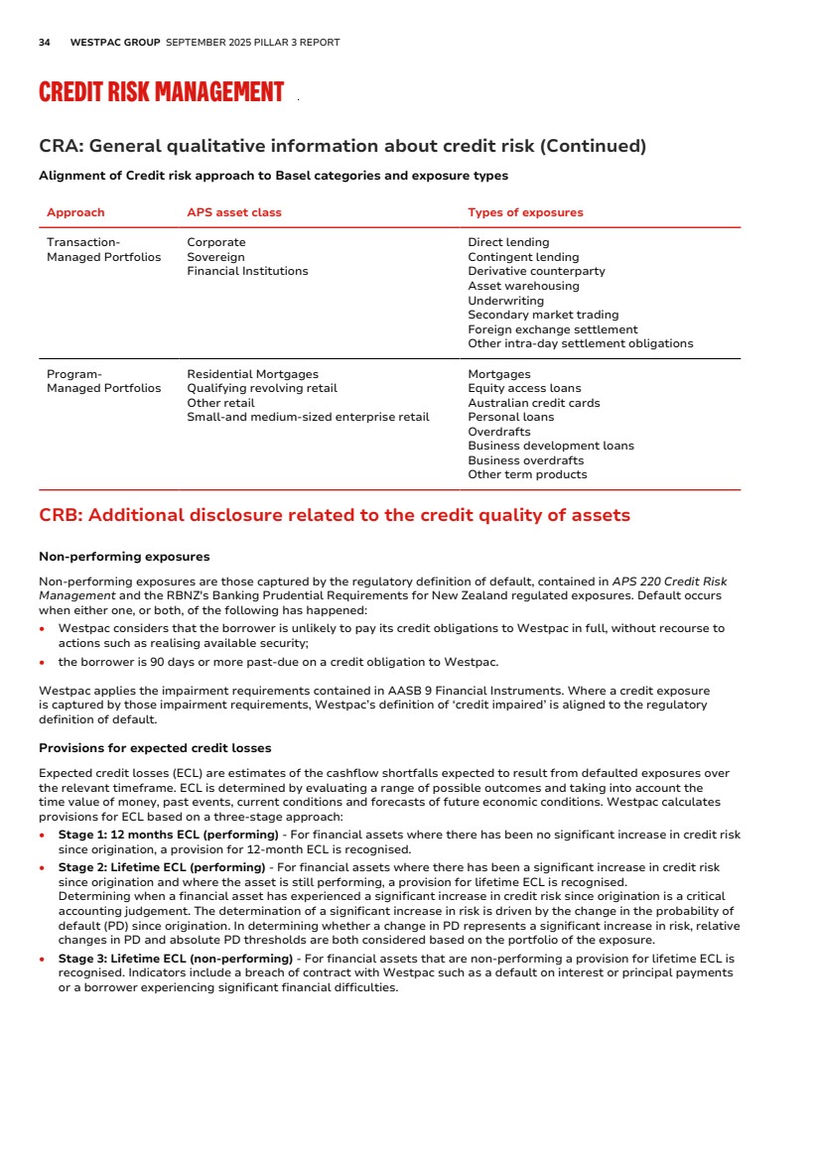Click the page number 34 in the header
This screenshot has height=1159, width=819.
point(45,43)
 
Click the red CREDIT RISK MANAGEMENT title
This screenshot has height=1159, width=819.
point(161,92)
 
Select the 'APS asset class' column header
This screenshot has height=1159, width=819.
point(234,212)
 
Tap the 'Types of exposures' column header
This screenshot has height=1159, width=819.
point(525,212)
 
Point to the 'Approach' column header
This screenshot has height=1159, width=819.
point(75,212)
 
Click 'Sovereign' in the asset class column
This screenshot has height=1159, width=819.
point(215,257)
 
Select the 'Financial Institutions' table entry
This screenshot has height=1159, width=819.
point(247,271)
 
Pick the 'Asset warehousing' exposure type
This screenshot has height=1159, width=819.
point(523,286)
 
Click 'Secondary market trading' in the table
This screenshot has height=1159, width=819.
point(542,315)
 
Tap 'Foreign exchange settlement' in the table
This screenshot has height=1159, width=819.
point(552,329)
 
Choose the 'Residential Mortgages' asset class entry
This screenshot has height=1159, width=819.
point(252,374)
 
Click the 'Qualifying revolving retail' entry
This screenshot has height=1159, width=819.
point(262,388)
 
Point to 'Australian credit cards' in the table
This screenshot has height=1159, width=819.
point(533,403)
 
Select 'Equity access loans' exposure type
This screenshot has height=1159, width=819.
point(524,388)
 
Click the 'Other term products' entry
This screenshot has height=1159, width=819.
point(527,474)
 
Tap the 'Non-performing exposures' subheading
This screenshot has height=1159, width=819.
point(124,557)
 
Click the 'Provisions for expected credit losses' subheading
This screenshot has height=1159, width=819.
point(155,748)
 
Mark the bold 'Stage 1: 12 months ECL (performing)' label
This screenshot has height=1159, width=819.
point(169,836)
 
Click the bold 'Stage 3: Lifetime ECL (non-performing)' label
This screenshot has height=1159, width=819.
point(175,959)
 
